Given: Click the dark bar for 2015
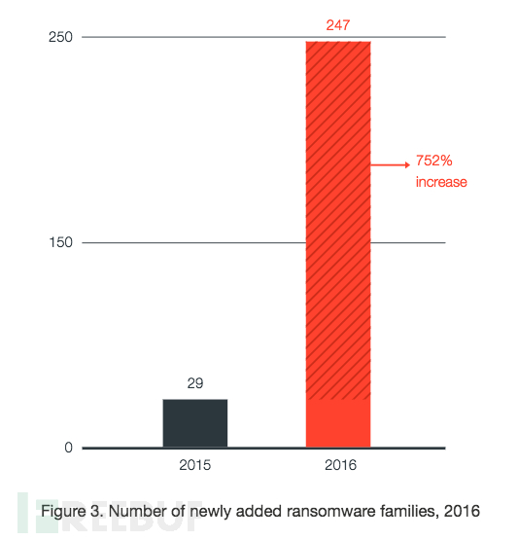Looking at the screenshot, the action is pos(195,423).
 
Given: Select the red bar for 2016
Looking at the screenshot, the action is pos(338,244).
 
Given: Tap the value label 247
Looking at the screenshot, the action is pos(338,25).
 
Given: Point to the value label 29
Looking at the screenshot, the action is pos(195,383).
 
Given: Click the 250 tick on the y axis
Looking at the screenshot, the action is pos(60,37).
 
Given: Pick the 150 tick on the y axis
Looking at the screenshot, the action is pos(60,242).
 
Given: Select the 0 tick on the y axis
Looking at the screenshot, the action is pos(68,448).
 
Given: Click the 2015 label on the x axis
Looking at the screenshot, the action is pos(194,465).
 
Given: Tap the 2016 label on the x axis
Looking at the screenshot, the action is pos(340,465).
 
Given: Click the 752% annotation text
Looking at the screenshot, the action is pos(434,161).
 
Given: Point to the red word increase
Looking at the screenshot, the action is pos(441,182).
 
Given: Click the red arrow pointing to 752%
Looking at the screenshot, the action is pos(390,165).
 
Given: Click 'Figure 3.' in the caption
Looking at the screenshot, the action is pos(72,511).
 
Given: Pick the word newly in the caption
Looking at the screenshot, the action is pos(210,512).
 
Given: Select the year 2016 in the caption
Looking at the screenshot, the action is pos(462,511).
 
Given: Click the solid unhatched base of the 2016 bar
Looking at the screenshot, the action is pos(338,423).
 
